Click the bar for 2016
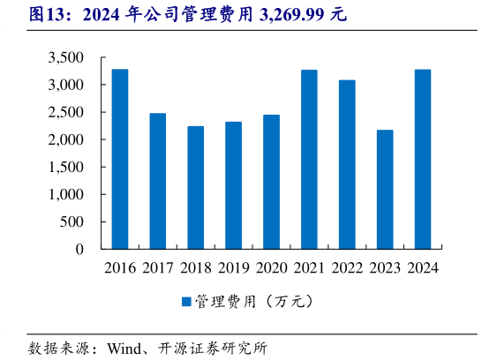pos(120,159)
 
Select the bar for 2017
pos(158,181)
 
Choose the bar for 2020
pos(271,182)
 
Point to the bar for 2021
pos(309,160)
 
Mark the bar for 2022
pos(347,164)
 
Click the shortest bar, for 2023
pos(385,190)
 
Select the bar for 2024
pos(423,160)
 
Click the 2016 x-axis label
pos(120,267)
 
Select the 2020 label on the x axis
pos(271,267)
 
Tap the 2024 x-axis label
pos(423,267)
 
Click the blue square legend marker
pos(186,302)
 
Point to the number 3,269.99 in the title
pos(294,14)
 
